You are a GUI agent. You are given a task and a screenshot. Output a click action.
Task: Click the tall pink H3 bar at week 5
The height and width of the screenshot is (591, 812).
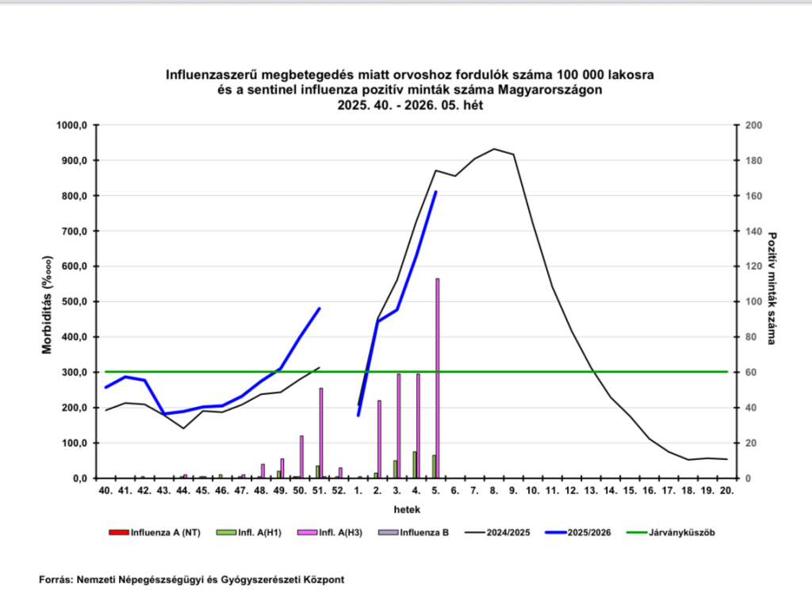[437, 378]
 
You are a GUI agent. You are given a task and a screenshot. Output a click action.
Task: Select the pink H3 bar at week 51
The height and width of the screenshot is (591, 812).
[320, 433]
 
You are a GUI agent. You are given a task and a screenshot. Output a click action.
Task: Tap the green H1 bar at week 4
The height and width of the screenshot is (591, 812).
[414, 465]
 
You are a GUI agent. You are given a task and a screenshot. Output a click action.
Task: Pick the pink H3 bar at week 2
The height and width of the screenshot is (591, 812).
[379, 439]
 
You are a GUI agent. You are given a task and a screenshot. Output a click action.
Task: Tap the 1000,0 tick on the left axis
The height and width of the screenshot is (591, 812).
[70, 125]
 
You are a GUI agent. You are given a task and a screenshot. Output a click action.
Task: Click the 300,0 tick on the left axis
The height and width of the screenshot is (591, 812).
[72, 372]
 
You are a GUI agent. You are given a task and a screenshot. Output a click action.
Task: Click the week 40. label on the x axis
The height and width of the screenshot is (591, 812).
[105, 491]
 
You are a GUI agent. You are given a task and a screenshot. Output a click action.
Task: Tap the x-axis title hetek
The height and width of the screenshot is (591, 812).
[416, 508]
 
